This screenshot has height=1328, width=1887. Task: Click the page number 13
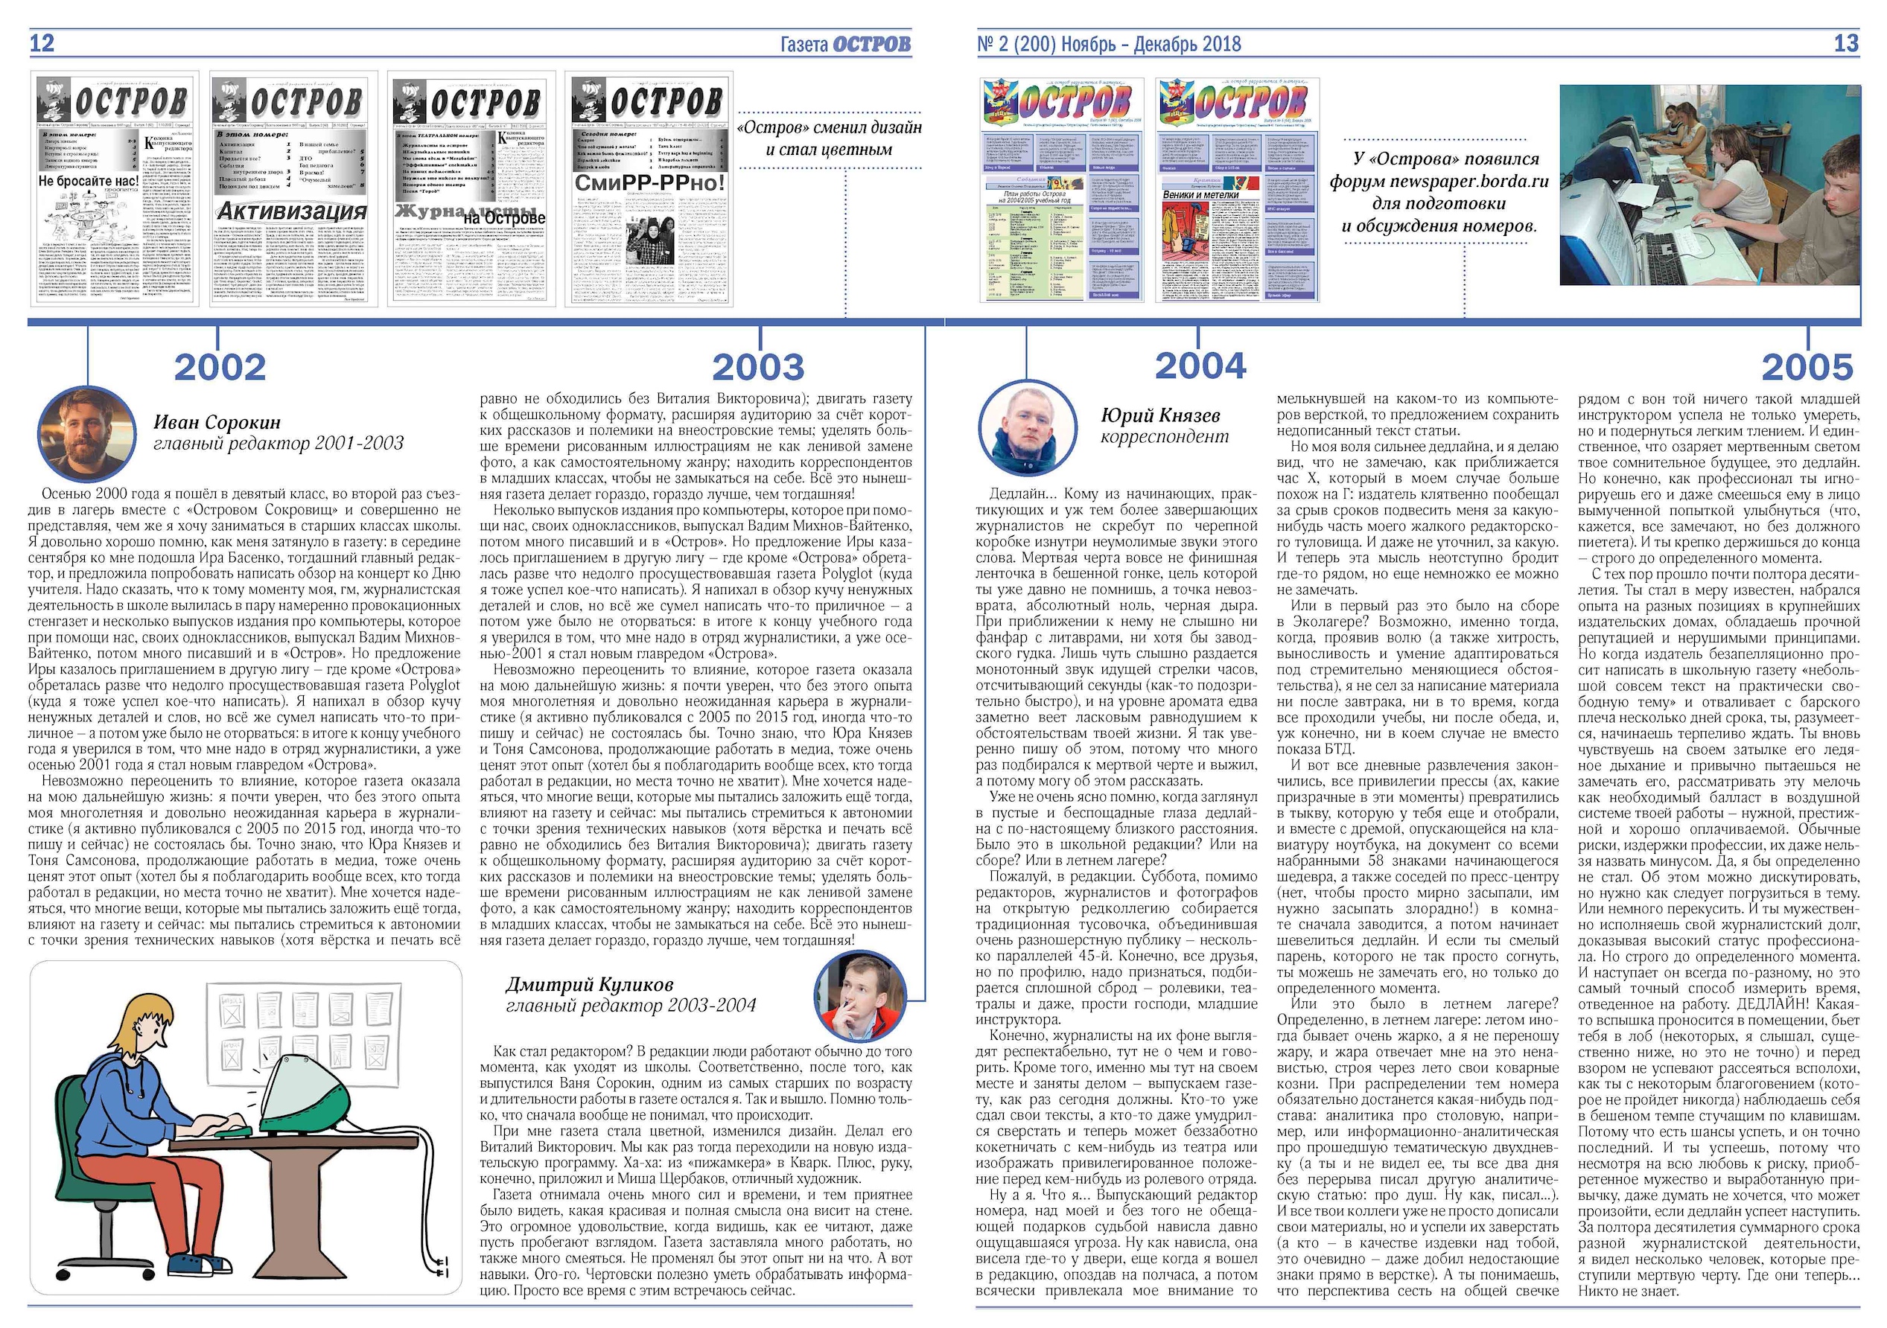tap(1845, 44)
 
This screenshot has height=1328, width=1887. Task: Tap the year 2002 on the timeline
tap(220, 367)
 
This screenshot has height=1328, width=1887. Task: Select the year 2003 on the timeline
tap(758, 367)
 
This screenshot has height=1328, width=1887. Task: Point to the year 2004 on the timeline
tap(1200, 365)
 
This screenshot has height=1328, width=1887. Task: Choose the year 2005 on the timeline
tap(1807, 367)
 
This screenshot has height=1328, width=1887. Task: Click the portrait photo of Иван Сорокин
tap(87, 434)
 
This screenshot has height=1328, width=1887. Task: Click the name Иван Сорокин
tap(217, 422)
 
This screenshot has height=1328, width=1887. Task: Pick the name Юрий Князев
tap(1159, 415)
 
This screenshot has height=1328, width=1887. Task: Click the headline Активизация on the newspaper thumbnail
tap(292, 211)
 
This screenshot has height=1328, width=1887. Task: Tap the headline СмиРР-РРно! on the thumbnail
tap(649, 182)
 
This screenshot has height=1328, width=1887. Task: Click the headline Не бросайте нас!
tap(89, 181)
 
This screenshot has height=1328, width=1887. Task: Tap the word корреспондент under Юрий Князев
tap(1165, 437)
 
